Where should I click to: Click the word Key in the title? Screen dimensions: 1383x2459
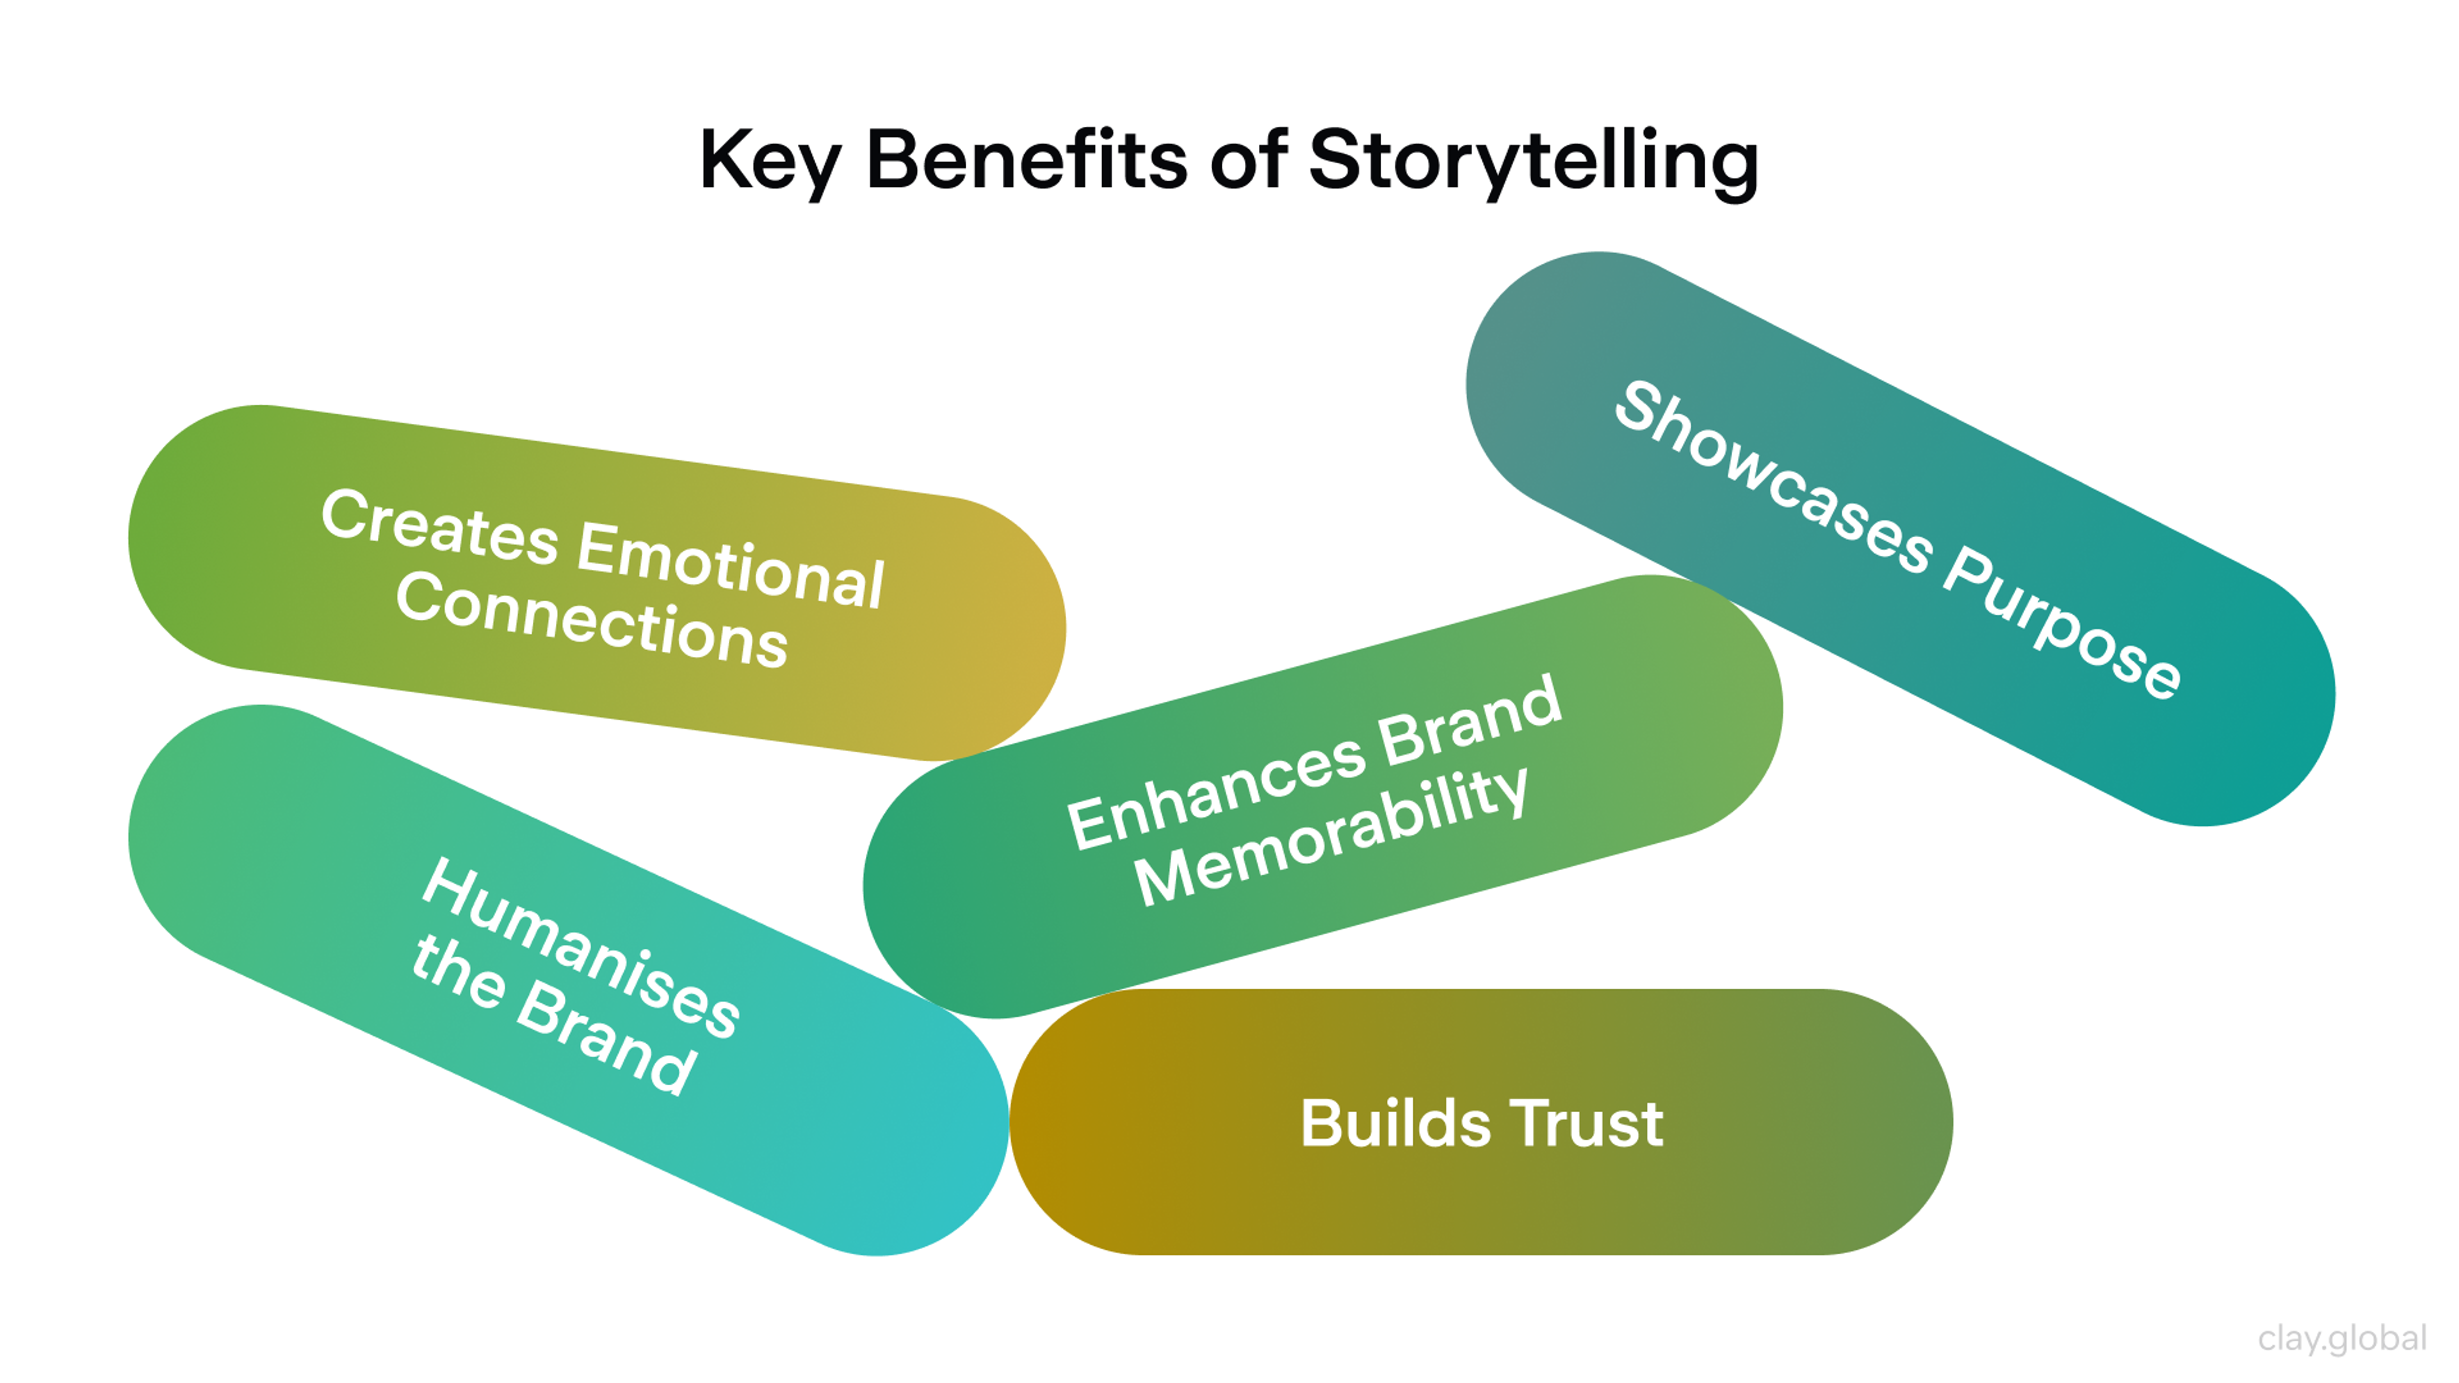[x=769, y=162]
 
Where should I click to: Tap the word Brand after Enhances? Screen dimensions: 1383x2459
[x=1470, y=718]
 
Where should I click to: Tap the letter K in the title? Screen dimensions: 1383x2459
[x=722, y=159]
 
